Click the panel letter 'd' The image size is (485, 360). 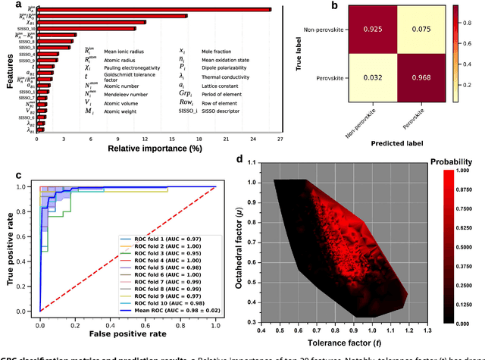[240, 159]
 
